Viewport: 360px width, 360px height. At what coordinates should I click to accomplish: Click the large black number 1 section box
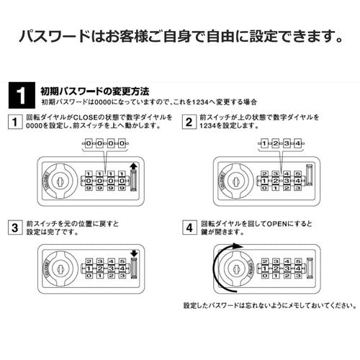click(x=24, y=95)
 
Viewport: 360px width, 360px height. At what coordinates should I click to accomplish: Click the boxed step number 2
click(x=189, y=123)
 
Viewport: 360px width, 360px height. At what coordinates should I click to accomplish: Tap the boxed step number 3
click(x=14, y=230)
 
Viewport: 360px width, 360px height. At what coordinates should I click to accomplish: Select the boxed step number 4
click(x=189, y=230)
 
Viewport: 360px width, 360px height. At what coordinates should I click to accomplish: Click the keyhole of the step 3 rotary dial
click(x=59, y=267)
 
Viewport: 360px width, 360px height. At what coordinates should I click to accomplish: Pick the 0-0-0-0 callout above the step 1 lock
click(x=102, y=145)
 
